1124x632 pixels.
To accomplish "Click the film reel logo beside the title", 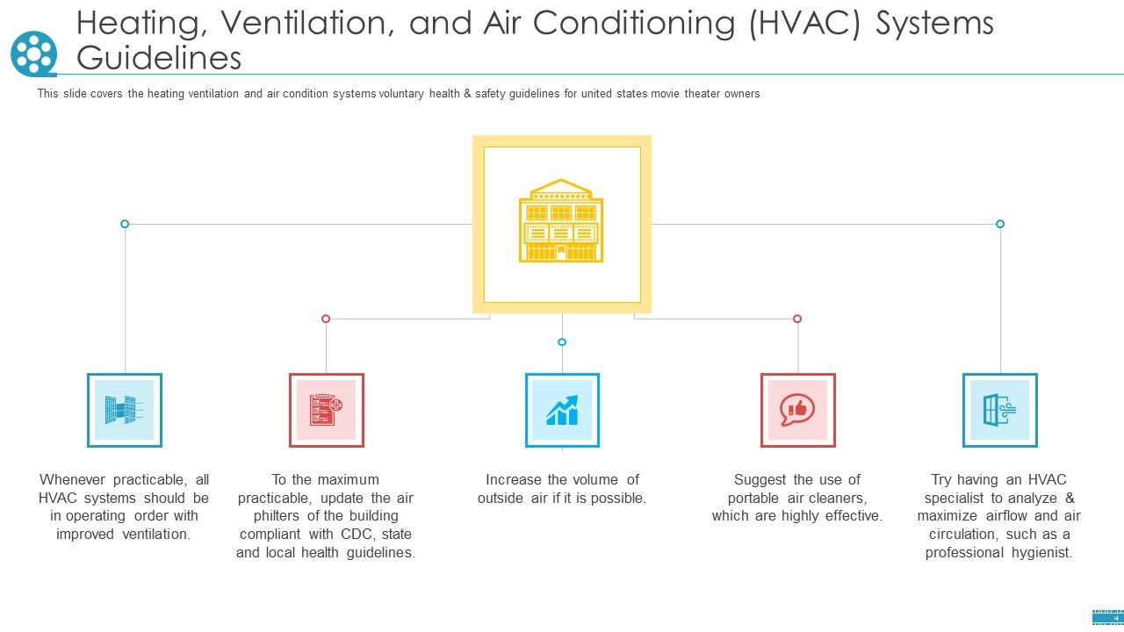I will point(33,54).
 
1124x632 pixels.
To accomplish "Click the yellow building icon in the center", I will point(561,221).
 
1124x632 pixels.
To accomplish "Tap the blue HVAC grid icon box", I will point(124,410).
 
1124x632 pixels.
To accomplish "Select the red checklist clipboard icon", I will point(326,410).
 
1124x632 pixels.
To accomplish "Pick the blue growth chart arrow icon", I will point(562,410).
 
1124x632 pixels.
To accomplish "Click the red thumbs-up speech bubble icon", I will point(797,410).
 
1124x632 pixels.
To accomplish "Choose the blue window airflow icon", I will point(999,410).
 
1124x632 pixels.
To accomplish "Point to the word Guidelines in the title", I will point(159,58).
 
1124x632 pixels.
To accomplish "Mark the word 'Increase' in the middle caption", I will point(514,479).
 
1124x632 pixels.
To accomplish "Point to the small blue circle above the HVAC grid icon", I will point(125,224).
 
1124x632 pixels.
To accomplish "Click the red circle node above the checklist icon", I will point(326,319).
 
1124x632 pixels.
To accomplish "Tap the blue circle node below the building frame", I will point(562,342).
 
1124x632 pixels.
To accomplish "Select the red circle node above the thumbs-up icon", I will point(797,319).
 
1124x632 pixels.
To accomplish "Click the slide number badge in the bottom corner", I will point(1106,617).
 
